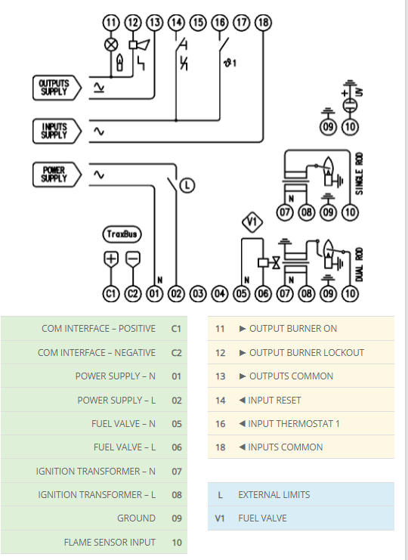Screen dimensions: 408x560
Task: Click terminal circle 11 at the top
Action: (x=111, y=23)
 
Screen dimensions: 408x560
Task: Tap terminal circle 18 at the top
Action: (x=264, y=23)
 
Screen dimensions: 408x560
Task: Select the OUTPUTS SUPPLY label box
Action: (x=57, y=88)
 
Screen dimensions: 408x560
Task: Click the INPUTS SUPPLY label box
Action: (x=57, y=131)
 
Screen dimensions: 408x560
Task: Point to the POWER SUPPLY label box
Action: (x=57, y=175)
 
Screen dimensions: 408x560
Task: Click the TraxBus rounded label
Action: (x=122, y=234)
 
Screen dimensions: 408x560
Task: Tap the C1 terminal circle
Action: (x=111, y=293)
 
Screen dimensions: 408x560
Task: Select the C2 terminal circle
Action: (x=133, y=293)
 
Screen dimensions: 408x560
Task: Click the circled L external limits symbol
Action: (x=187, y=185)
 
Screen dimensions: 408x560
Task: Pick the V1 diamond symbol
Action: (x=252, y=222)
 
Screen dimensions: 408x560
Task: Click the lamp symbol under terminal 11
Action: (x=111, y=45)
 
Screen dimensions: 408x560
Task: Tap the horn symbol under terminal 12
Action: (x=139, y=45)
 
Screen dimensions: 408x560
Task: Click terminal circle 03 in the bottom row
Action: (x=198, y=293)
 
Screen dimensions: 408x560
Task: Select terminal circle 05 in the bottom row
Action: (x=242, y=293)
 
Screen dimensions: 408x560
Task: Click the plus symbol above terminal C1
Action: (x=111, y=258)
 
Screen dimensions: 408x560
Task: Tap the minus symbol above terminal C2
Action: (x=133, y=258)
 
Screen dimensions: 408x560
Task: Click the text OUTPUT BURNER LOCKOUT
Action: (x=307, y=353)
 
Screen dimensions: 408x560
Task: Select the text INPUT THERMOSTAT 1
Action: (x=294, y=423)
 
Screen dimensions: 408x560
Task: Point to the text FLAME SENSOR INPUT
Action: (x=110, y=542)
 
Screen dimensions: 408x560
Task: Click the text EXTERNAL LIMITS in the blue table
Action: (x=274, y=495)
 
